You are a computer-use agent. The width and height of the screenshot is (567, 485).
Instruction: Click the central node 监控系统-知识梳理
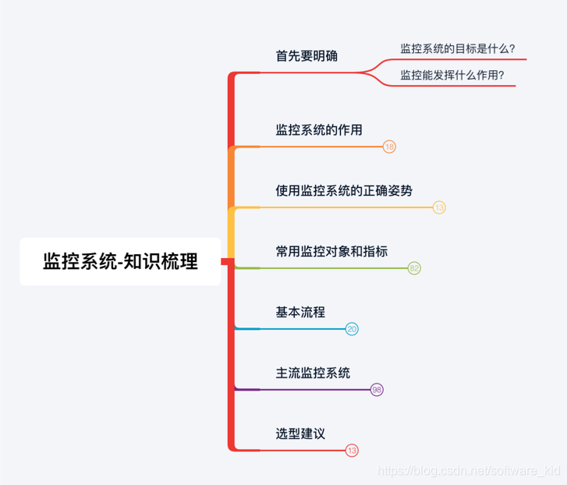120,261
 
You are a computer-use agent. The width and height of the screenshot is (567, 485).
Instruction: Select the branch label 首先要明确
307,56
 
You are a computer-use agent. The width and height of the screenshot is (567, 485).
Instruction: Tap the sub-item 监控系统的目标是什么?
458,48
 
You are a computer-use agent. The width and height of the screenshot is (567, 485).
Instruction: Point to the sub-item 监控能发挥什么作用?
452,75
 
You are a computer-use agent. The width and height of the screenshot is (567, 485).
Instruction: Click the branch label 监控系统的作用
319,129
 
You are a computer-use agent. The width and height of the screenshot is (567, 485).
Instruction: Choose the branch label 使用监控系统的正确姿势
344,190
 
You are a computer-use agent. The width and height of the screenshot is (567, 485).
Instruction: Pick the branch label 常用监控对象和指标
331,251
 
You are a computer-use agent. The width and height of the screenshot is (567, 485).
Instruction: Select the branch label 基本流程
300,312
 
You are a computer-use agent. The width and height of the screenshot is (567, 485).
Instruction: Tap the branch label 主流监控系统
313,373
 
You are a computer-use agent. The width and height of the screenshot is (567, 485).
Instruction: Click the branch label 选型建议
300,433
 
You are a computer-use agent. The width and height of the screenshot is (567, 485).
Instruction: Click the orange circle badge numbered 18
390,147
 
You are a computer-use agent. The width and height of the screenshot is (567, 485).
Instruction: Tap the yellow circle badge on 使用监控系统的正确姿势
439,207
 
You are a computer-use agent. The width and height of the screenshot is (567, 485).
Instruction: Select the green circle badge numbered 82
414,268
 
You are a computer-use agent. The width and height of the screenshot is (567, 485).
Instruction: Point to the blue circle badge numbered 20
352,329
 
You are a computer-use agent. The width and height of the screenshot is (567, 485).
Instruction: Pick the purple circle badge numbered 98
377,390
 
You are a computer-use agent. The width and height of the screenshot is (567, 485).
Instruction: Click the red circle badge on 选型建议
352,451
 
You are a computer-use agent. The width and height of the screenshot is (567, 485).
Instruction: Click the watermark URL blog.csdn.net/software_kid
468,470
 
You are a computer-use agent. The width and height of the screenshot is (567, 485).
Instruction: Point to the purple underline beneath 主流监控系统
304,390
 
